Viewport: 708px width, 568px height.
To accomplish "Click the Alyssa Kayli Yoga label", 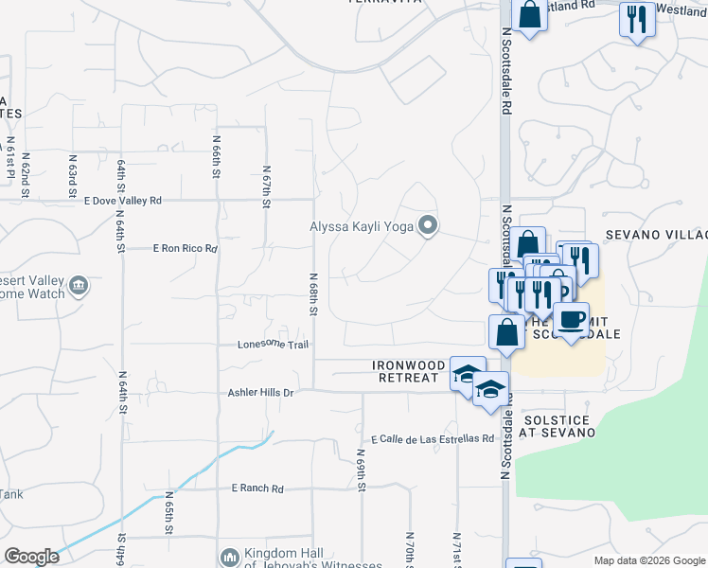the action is pos(363,226).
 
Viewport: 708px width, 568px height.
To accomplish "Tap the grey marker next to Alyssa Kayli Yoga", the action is pos(428,225).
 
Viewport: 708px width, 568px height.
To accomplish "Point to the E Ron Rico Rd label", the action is pos(186,249).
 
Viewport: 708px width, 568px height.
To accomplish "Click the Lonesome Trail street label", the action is pos(273,345).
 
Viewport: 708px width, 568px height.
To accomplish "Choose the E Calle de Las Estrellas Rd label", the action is pos(433,439).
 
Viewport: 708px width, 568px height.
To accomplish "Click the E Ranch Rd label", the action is pos(257,488).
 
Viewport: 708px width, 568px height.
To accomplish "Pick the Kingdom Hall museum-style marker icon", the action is pos(229,558).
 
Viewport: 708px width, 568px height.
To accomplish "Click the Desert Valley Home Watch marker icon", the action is pos(79,285).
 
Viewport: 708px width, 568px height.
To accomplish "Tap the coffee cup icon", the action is pos(571,320).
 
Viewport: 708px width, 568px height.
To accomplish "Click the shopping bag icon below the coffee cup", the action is pos(506,332).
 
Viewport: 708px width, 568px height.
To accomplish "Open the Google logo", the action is pos(31,557).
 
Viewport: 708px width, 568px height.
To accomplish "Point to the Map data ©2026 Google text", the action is pos(648,560).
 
